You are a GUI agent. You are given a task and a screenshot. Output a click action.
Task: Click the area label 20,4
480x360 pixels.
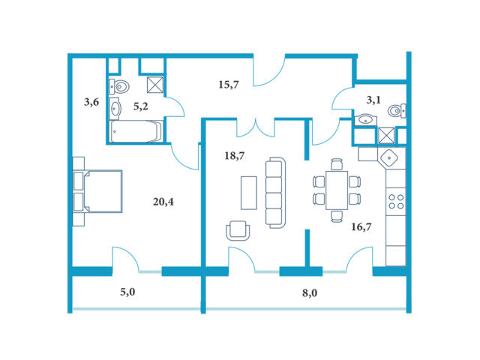[x=163, y=202]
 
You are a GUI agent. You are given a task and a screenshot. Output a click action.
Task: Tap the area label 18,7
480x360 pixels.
[x=234, y=156]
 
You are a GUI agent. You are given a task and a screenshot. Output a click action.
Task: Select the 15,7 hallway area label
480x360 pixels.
[x=229, y=85]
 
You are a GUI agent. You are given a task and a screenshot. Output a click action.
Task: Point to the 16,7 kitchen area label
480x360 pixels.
[x=361, y=226]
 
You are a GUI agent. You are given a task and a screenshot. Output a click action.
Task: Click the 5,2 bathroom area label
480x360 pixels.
[x=141, y=106]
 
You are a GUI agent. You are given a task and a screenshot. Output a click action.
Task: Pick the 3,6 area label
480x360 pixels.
[x=91, y=102]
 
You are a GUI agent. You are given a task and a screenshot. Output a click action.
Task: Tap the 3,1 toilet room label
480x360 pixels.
[x=373, y=100]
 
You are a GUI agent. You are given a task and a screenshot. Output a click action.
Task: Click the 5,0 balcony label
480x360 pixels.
[x=127, y=292]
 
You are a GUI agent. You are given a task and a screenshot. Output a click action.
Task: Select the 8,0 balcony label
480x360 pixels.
[x=310, y=293]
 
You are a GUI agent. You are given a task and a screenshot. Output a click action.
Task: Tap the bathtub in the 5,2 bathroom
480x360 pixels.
[x=136, y=132]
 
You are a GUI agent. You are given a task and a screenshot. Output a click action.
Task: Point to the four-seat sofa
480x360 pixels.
[x=275, y=193]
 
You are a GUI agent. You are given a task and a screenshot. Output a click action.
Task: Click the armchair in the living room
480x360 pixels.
[x=238, y=230]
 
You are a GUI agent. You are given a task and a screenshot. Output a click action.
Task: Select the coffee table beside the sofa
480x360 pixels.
[x=249, y=193]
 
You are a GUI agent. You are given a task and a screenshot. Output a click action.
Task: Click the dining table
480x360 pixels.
[x=337, y=190]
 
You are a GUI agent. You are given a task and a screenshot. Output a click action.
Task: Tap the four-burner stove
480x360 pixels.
[x=396, y=202]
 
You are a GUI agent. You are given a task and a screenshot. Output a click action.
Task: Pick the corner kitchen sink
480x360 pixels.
[x=389, y=158]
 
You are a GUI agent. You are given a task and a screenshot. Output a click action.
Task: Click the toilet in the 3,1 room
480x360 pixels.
[x=397, y=111]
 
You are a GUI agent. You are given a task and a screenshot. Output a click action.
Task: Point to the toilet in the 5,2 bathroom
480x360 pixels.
[x=119, y=87]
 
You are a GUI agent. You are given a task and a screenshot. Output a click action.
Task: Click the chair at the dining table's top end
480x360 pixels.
[x=337, y=164]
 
